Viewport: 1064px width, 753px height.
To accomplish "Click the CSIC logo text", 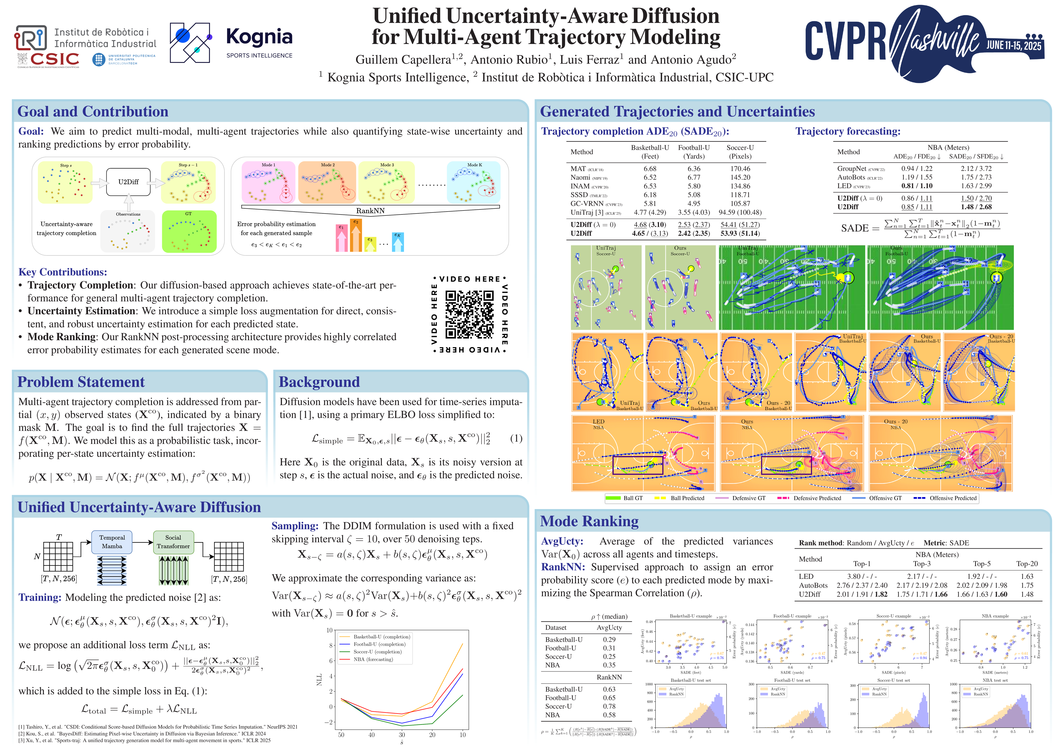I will pos(55,59).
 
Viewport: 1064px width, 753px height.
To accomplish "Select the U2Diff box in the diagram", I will pos(128,182).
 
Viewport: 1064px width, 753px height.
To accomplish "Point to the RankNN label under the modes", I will pos(370,211).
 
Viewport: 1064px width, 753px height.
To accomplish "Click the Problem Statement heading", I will pos(81,382).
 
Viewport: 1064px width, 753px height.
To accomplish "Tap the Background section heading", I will pos(319,382).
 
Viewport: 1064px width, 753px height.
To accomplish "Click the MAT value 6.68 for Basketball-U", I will pos(650,169).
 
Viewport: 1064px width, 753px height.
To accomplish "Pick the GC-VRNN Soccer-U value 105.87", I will pos(740,204).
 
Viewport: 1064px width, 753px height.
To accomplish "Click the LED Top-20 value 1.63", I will pos(1027,576).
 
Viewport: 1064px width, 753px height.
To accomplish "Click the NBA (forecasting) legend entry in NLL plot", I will pos(373,659).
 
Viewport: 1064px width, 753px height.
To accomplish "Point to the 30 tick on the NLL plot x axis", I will pos(402,735).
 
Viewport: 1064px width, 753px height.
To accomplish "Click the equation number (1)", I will pos(516,439).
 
